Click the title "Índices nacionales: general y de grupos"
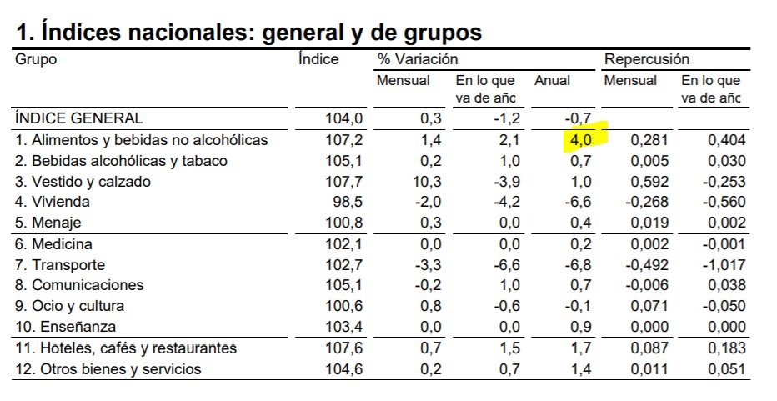point(248,32)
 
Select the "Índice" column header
point(318,60)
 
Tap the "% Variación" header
point(418,60)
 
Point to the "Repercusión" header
point(647,60)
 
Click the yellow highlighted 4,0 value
point(580,140)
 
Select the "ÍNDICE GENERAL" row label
point(79,119)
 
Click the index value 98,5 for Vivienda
point(348,202)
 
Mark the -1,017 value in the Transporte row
point(722,265)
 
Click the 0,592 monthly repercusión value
point(648,181)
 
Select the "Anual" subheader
point(552,81)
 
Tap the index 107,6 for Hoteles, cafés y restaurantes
point(343,348)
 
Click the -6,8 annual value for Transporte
point(577,265)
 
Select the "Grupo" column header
point(36,60)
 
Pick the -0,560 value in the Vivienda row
point(722,202)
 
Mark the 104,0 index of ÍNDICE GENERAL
point(343,119)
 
